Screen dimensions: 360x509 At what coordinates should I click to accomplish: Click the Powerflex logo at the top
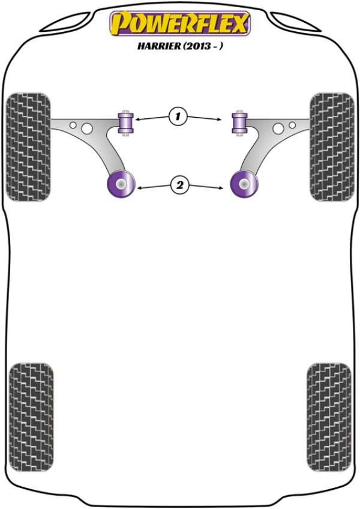pyautogui.click(x=180, y=23)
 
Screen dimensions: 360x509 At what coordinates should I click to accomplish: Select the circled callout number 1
pyautogui.click(x=178, y=116)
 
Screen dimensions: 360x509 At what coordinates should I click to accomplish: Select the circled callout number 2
pyautogui.click(x=179, y=185)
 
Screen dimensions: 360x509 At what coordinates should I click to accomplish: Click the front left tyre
pyautogui.click(x=29, y=147)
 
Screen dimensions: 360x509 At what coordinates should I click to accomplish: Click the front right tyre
pyautogui.click(x=332, y=147)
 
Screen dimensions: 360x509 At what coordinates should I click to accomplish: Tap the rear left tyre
pyautogui.click(x=31, y=417)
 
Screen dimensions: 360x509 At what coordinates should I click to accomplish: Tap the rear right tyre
pyautogui.click(x=329, y=417)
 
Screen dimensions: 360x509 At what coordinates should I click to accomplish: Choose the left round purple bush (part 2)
pyautogui.click(x=121, y=184)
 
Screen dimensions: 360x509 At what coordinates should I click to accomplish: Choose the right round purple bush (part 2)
pyautogui.click(x=244, y=184)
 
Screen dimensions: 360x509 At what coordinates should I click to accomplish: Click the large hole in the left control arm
pyautogui.click(x=87, y=128)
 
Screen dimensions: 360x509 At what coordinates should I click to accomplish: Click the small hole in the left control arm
pyautogui.click(x=73, y=125)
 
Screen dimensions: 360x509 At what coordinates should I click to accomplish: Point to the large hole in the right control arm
pyautogui.click(x=278, y=128)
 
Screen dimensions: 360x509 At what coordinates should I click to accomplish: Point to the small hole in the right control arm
pyautogui.click(x=292, y=125)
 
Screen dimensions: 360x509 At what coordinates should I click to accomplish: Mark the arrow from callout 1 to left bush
pyautogui.click(x=152, y=118)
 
